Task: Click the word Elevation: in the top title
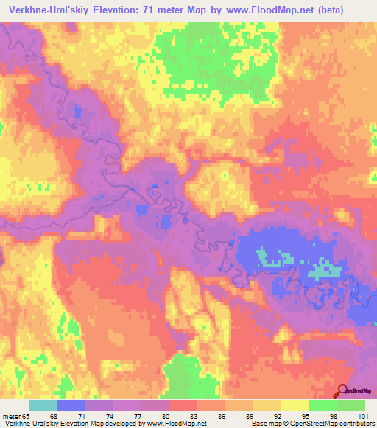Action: (x=134, y=10)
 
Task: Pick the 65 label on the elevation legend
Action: (x=26, y=415)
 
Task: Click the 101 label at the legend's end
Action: (x=362, y=415)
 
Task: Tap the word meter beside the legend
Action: (x=10, y=415)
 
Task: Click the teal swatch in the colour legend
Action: (x=43, y=405)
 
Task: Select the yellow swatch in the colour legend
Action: (x=295, y=405)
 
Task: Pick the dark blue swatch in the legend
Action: (x=71, y=405)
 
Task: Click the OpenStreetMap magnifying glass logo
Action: (x=342, y=391)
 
